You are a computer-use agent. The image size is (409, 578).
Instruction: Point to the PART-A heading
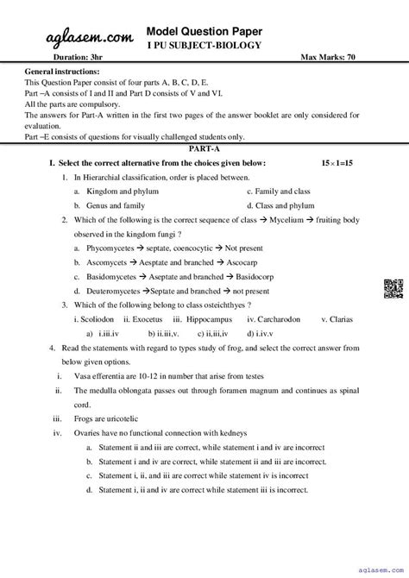pyautogui.click(x=204, y=148)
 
